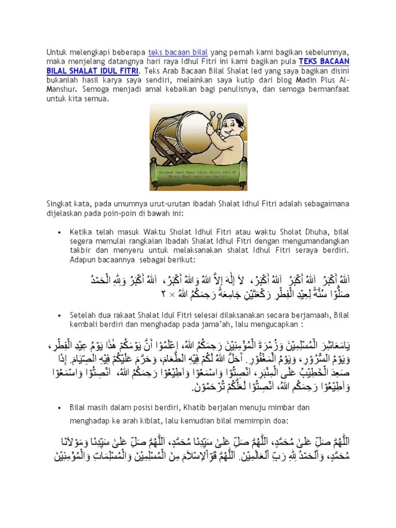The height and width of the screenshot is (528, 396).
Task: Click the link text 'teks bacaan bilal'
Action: (x=178, y=52)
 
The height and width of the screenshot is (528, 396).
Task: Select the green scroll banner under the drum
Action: (x=197, y=171)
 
